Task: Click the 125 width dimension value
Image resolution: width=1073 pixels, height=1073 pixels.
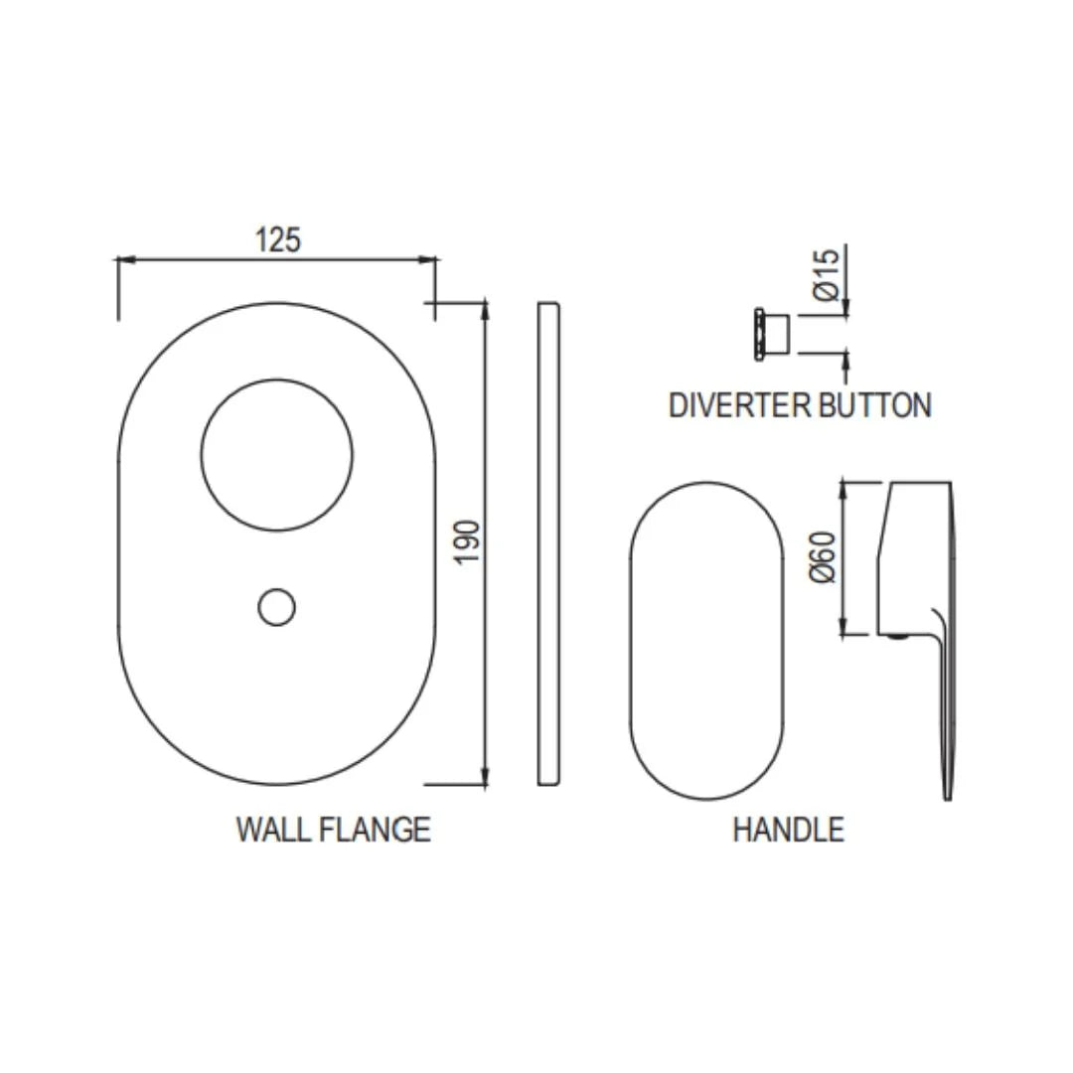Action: pyautogui.click(x=277, y=239)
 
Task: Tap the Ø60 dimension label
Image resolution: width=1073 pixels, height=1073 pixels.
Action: pyautogui.click(x=824, y=558)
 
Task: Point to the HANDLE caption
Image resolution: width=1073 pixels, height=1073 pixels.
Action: pyautogui.click(x=788, y=829)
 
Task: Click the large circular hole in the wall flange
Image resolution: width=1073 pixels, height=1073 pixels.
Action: pyautogui.click(x=276, y=455)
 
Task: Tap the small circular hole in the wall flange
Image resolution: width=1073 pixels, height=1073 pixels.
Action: pyautogui.click(x=276, y=607)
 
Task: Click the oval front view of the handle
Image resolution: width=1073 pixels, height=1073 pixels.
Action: pyautogui.click(x=705, y=641)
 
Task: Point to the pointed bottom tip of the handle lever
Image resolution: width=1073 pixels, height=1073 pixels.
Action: pyautogui.click(x=948, y=794)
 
